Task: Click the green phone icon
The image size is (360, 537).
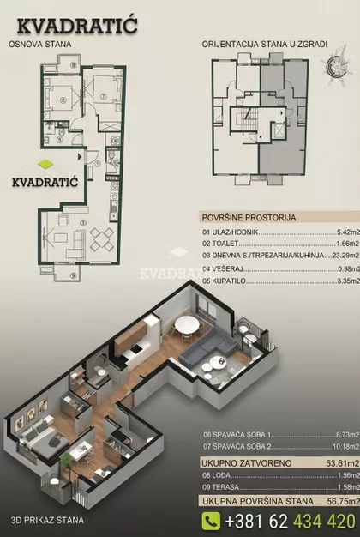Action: click(211, 521)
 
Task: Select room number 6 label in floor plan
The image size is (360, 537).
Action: click(63, 100)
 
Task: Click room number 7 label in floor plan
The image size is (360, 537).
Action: click(104, 97)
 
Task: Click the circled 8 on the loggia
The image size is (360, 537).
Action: click(73, 65)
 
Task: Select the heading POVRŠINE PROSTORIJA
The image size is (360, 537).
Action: click(249, 218)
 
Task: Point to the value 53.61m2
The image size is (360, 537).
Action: click(343, 464)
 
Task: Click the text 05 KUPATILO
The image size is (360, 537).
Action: click(225, 281)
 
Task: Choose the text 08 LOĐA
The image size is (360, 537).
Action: click(217, 475)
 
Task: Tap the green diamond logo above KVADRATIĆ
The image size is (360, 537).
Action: click(45, 164)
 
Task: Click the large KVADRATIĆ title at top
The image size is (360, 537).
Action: click(77, 26)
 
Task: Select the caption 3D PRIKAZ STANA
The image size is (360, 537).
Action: click(47, 520)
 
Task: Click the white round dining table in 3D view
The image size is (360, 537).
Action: click(186, 324)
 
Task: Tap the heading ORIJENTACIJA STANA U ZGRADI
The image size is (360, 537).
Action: click(265, 45)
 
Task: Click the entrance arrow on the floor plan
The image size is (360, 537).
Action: click(80, 157)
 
